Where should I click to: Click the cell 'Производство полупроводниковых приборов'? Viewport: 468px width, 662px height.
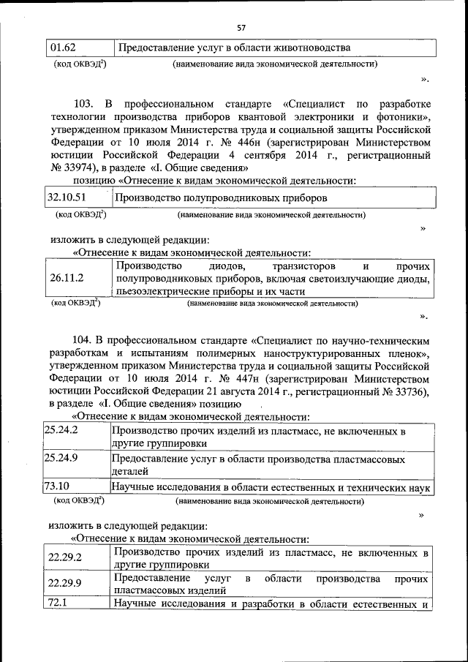tap(222, 198)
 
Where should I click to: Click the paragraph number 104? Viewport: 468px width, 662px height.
tap(86, 340)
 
